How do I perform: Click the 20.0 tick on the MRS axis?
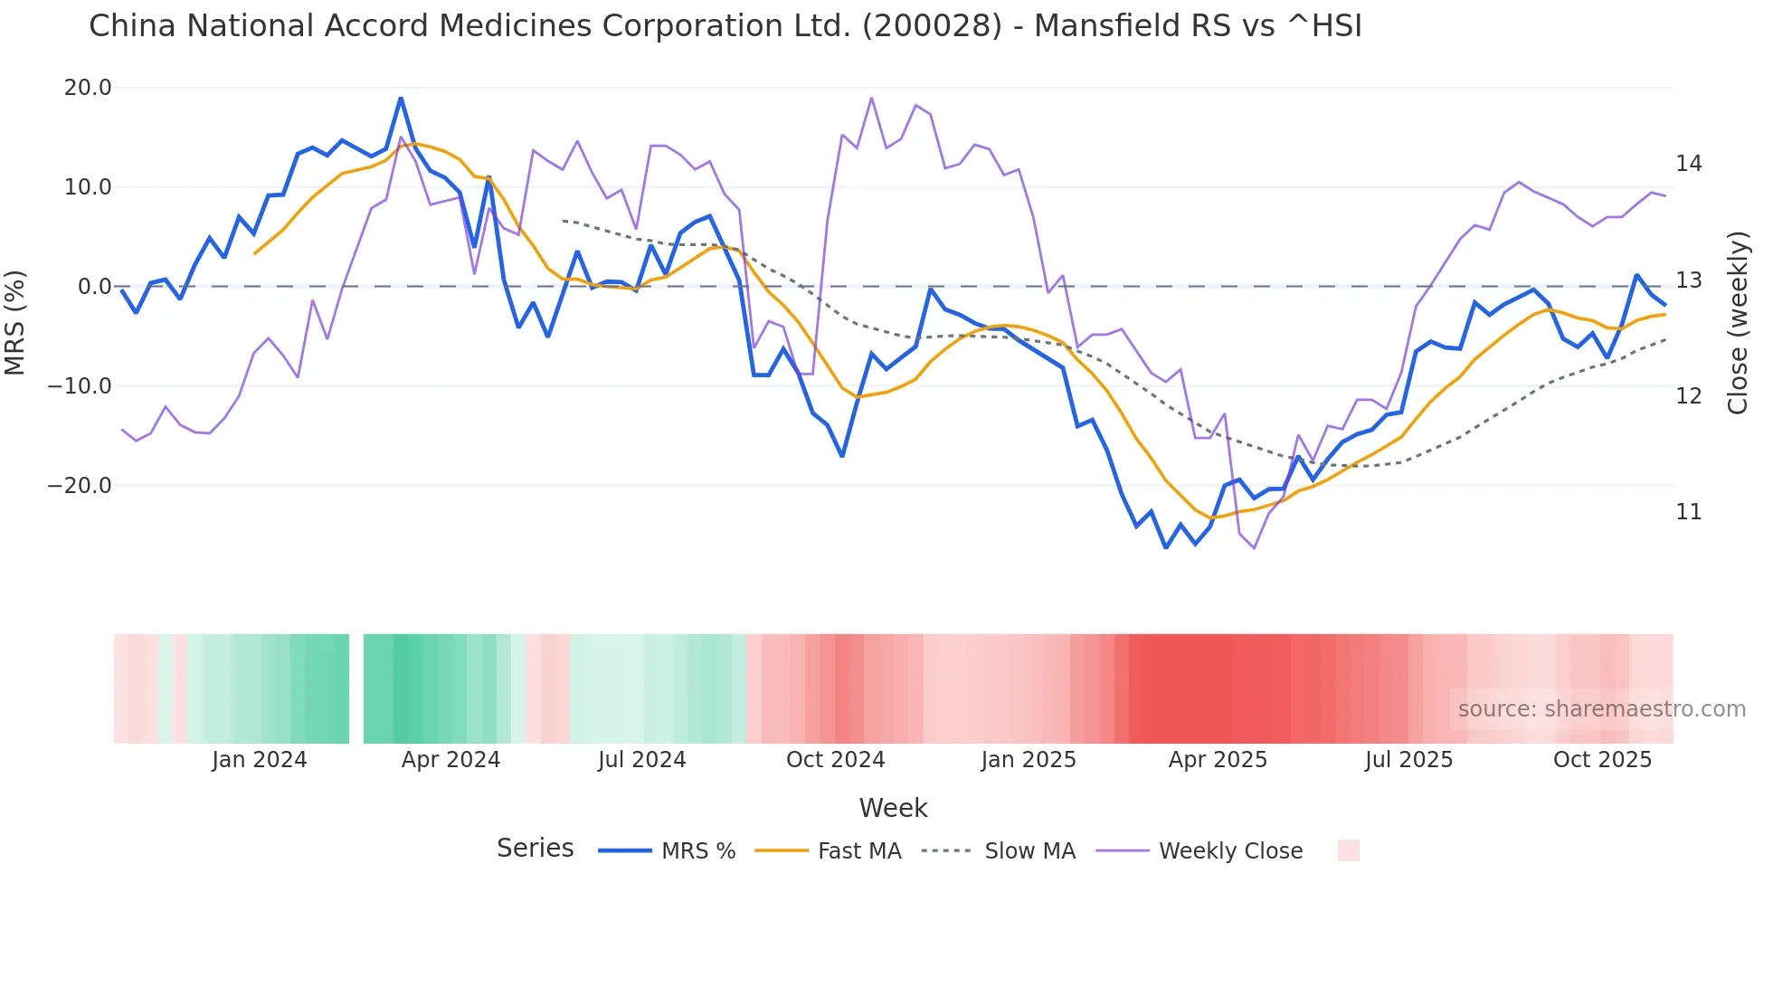tap(87, 88)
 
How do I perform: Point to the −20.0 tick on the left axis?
tap(80, 486)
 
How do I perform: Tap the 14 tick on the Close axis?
tap(1688, 164)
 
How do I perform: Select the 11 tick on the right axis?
tap(1688, 512)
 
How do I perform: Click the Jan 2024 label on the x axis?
tap(260, 760)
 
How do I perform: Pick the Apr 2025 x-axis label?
tap(1218, 760)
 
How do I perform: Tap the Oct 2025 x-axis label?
tap(1602, 760)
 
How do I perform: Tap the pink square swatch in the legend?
tap(1348, 850)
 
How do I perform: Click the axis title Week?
tap(893, 808)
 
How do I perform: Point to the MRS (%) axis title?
tap(15, 322)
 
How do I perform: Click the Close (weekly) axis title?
tap(1737, 322)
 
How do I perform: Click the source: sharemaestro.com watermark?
tap(1601, 709)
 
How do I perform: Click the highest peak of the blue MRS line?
tap(401, 99)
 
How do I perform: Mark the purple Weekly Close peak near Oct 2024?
tap(871, 98)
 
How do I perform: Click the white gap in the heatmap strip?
tap(356, 688)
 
